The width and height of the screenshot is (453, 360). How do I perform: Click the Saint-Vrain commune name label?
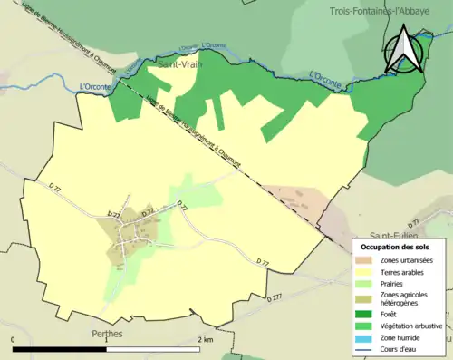(x=178, y=65)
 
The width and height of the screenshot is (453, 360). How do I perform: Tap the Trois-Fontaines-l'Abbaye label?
(x=390, y=11)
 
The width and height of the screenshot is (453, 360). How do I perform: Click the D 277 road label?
(x=276, y=297)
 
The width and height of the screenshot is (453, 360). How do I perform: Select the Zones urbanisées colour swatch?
(x=367, y=260)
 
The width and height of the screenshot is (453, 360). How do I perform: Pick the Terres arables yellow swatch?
(x=367, y=271)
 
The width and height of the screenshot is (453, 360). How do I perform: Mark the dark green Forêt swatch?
(x=367, y=315)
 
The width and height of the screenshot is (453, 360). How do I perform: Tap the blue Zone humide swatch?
(x=367, y=336)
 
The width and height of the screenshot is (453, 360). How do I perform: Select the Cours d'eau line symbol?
(x=367, y=347)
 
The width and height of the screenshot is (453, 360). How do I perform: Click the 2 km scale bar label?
(x=205, y=339)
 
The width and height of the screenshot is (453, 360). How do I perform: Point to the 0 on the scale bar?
(x=14, y=339)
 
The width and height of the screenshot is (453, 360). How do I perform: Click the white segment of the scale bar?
(x=153, y=349)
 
